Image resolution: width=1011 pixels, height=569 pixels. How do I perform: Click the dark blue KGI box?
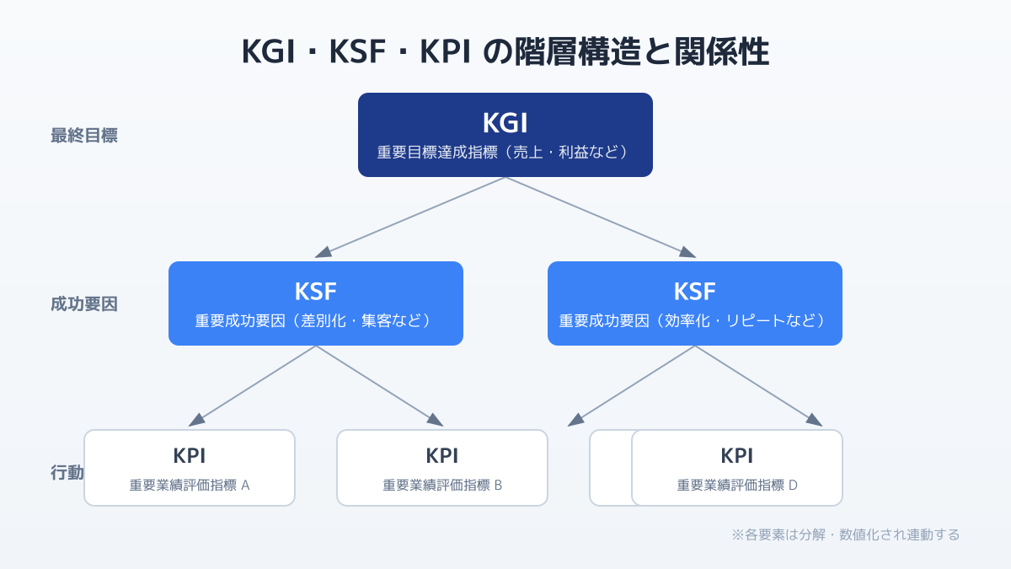(x=505, y=135)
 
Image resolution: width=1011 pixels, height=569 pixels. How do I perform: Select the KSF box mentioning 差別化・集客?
(x=316, y=303)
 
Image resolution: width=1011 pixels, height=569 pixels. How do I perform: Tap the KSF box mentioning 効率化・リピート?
(x=695, y=303)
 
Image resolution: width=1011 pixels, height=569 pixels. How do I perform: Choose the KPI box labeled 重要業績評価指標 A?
(x=190, y=468)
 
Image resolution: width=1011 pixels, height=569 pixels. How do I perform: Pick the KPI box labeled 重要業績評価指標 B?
(x=442, y=468)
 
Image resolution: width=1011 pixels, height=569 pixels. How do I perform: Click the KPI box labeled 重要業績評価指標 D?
(x=737, y=468)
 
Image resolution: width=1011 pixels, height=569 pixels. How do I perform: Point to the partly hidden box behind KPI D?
(x=610, y=468)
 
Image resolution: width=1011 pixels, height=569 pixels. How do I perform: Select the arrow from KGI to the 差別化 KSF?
(x=411, y=217)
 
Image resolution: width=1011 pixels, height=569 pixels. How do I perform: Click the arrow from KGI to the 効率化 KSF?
(x=600, y=217)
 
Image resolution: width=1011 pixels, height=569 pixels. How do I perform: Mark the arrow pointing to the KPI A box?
(x=253, y=385)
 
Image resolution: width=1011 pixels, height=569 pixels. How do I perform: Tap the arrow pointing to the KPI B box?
(x=379, y=385)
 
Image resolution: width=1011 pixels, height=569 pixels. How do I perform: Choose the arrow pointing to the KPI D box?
(x=758, y=385)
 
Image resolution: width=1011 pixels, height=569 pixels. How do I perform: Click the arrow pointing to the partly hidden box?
(x=632, y=385)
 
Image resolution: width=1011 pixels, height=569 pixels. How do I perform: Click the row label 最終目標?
(x=84, y=136)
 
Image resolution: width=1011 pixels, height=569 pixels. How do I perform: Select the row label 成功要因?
(x=84, y=304)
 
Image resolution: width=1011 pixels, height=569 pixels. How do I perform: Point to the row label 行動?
(x=67, y=473)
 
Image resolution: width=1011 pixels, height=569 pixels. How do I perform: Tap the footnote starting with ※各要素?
(x=845, y=534)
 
